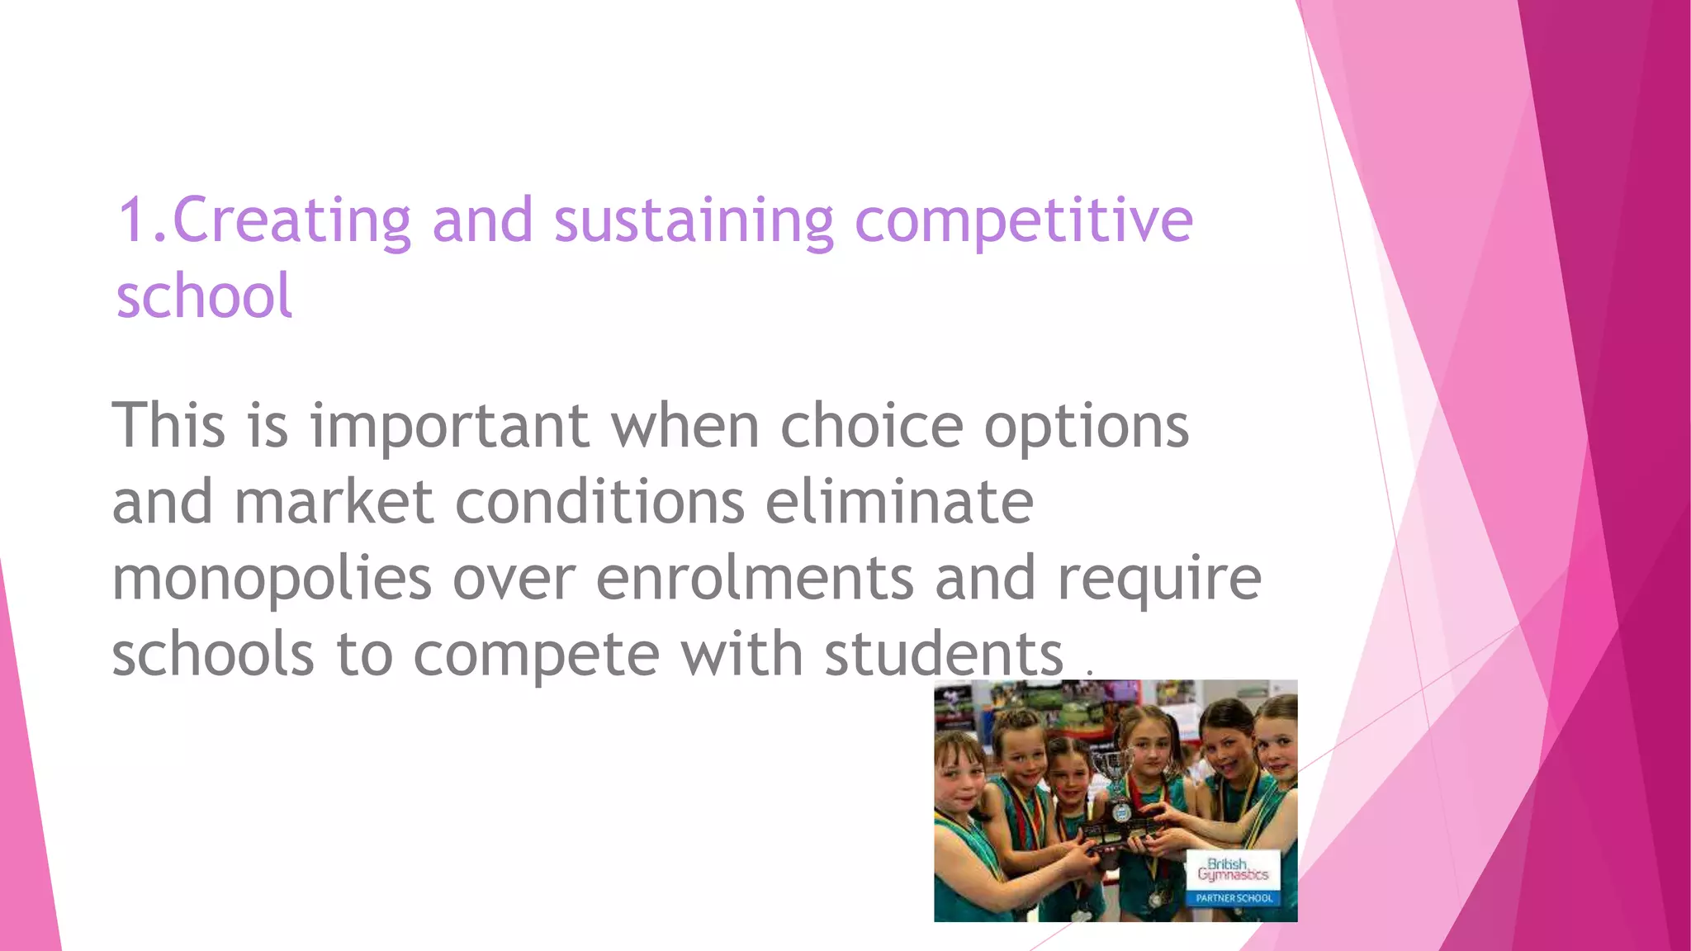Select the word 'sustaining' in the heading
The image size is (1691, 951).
coord(694,220)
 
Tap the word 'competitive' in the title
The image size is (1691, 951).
coord(1023,220)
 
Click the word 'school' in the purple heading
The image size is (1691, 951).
coord(204,296)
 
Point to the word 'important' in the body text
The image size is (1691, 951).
coord(449,427)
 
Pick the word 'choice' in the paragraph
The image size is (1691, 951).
coord(871,427)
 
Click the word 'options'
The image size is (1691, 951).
coord(1086,427)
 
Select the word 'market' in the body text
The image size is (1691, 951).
coord(334,502)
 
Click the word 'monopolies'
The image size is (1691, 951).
coord(272,579)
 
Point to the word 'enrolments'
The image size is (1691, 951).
coord(755,579)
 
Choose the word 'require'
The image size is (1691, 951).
coord(1159,579)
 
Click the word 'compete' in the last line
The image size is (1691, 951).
coord(536,654)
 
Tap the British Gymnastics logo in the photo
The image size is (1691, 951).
coord(1233,869)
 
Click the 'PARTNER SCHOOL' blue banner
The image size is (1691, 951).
coord(1234,898)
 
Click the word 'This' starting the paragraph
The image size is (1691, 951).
coord(168,427)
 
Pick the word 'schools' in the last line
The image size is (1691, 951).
coord(213,654)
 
